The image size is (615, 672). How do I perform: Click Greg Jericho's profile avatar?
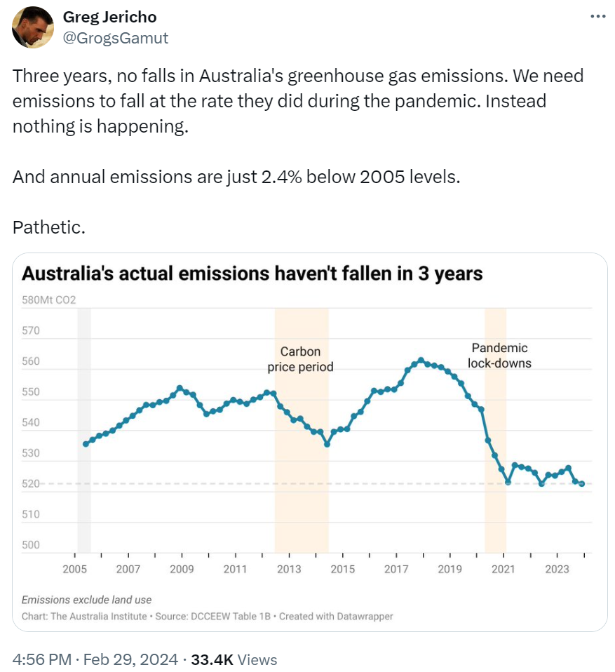tap(33, 27)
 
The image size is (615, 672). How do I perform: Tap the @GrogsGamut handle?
tap(116, 38)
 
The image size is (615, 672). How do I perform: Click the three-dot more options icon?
tap(597, 17)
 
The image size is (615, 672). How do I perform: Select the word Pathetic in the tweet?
tap(48, 227)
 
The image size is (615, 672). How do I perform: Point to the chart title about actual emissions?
tap(252, 274)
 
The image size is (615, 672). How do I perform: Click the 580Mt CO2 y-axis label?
tap(48, 300)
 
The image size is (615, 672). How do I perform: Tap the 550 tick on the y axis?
tap(31, 392)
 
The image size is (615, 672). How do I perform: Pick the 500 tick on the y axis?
tap(31, 545)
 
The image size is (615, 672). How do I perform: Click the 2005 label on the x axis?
tap(74, 569)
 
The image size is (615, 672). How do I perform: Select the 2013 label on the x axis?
tap(289, 569)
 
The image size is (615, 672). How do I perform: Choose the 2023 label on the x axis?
tap(557, 569)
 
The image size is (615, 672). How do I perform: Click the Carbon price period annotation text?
tap(301, 359)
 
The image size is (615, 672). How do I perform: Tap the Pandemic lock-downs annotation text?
tap(499, 356)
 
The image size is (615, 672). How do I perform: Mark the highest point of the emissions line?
tap(421, 361)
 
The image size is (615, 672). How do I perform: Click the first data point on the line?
tap(86, 443)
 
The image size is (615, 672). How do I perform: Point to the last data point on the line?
tap(582, 484)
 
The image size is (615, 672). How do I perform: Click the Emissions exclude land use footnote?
tap(86, 600)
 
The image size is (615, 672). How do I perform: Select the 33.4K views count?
tap(213, 659)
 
